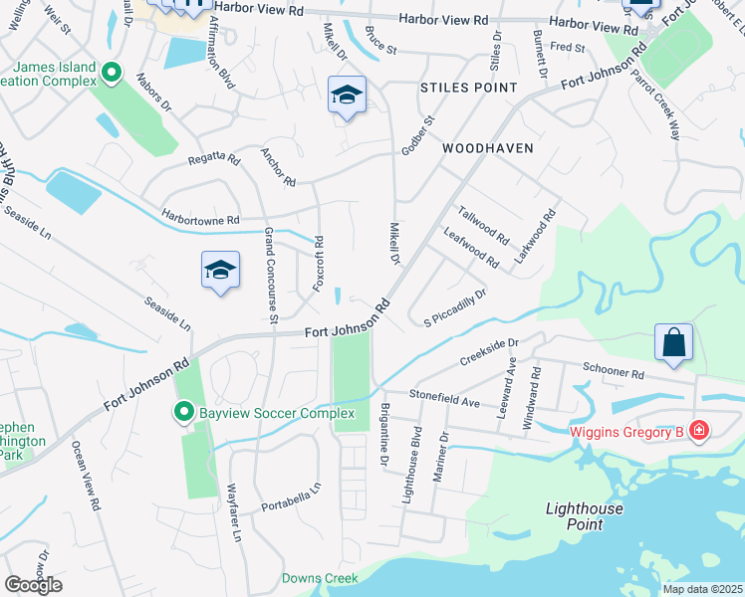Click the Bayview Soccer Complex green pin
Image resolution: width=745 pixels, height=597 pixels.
[184, 412]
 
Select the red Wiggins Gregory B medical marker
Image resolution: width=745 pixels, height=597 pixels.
[700, 431]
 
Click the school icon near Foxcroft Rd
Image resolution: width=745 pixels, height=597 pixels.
[221, 271]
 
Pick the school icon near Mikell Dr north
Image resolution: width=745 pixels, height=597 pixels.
[347, 96]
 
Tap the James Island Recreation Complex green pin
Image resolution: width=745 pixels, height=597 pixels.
[112, 72]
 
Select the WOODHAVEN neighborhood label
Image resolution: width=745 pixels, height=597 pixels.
[487, 148]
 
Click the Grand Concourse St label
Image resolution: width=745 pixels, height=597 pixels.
[269, 275]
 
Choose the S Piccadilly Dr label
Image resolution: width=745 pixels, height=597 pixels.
[454, 308]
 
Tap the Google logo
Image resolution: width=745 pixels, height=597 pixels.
[33, 585]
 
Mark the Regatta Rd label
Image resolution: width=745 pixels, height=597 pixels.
[213, 159]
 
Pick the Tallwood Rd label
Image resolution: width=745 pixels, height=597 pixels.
[483, 226]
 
